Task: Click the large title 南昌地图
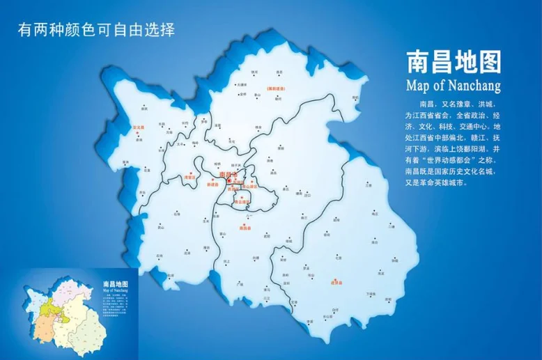pos(453,62)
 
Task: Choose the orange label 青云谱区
pos(241,202)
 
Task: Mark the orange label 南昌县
pos(245,228)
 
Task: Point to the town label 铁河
pos(255,72)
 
